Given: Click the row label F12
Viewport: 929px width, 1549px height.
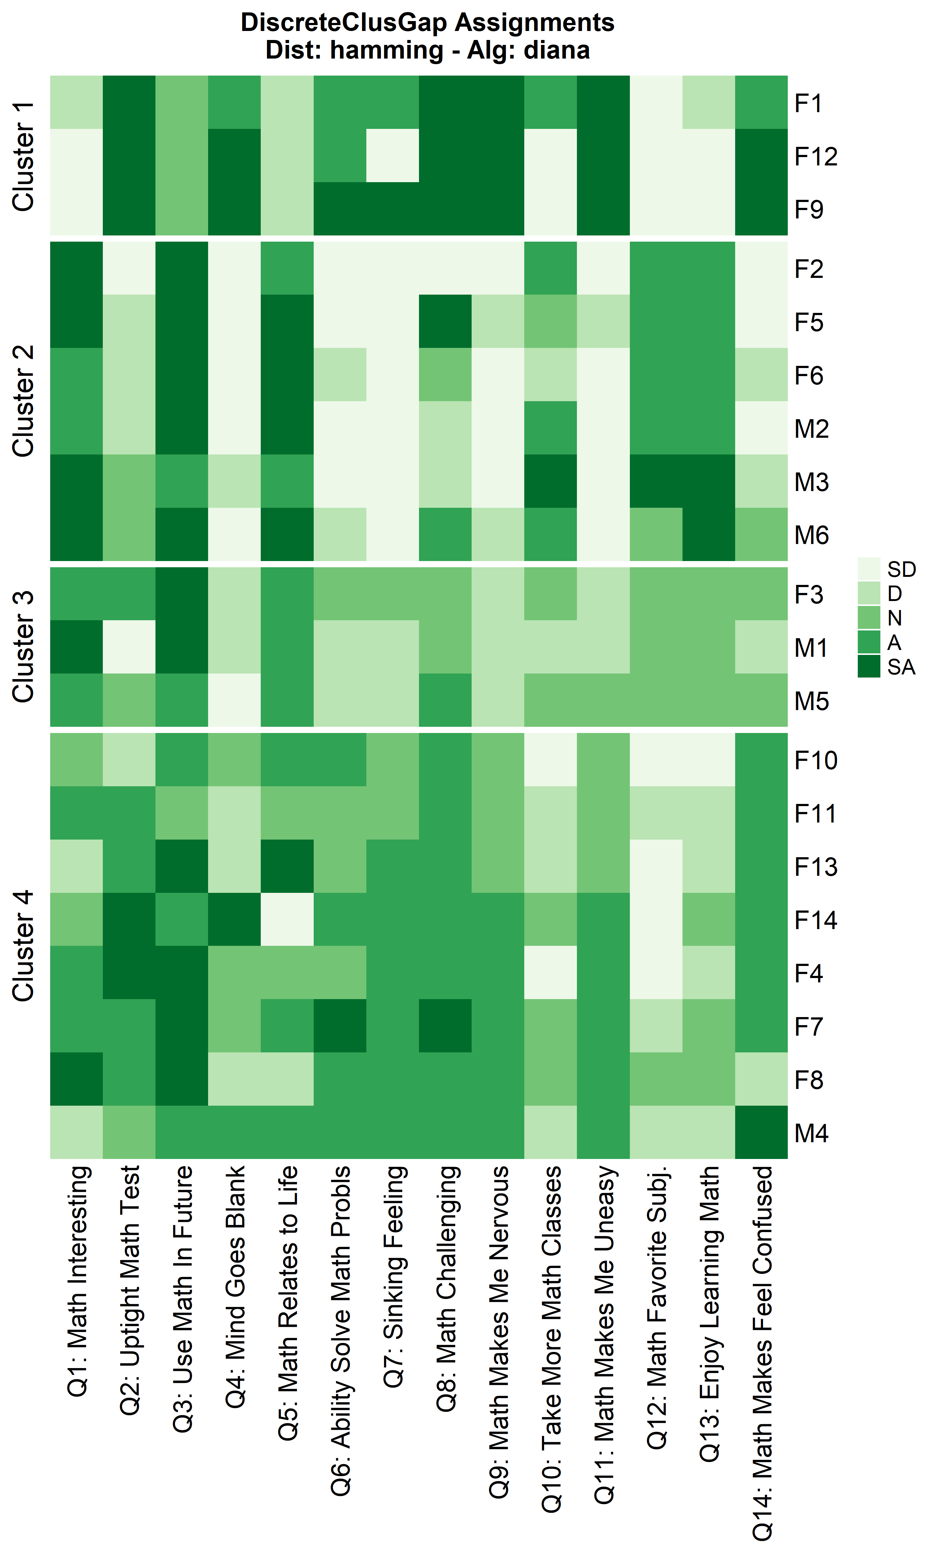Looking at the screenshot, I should point(815,156).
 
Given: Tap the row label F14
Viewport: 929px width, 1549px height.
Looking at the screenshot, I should point(815,920).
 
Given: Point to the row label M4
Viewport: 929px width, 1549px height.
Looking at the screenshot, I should point(811,1133).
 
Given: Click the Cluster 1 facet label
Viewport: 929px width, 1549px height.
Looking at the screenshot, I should point(24,156).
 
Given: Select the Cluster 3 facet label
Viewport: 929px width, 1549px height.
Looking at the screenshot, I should point(24,647).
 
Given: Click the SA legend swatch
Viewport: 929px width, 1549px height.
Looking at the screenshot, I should point(869,667).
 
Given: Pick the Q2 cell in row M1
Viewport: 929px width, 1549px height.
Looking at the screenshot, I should point(129,647).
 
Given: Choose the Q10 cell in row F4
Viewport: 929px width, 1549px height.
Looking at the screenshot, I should point(550,972).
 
